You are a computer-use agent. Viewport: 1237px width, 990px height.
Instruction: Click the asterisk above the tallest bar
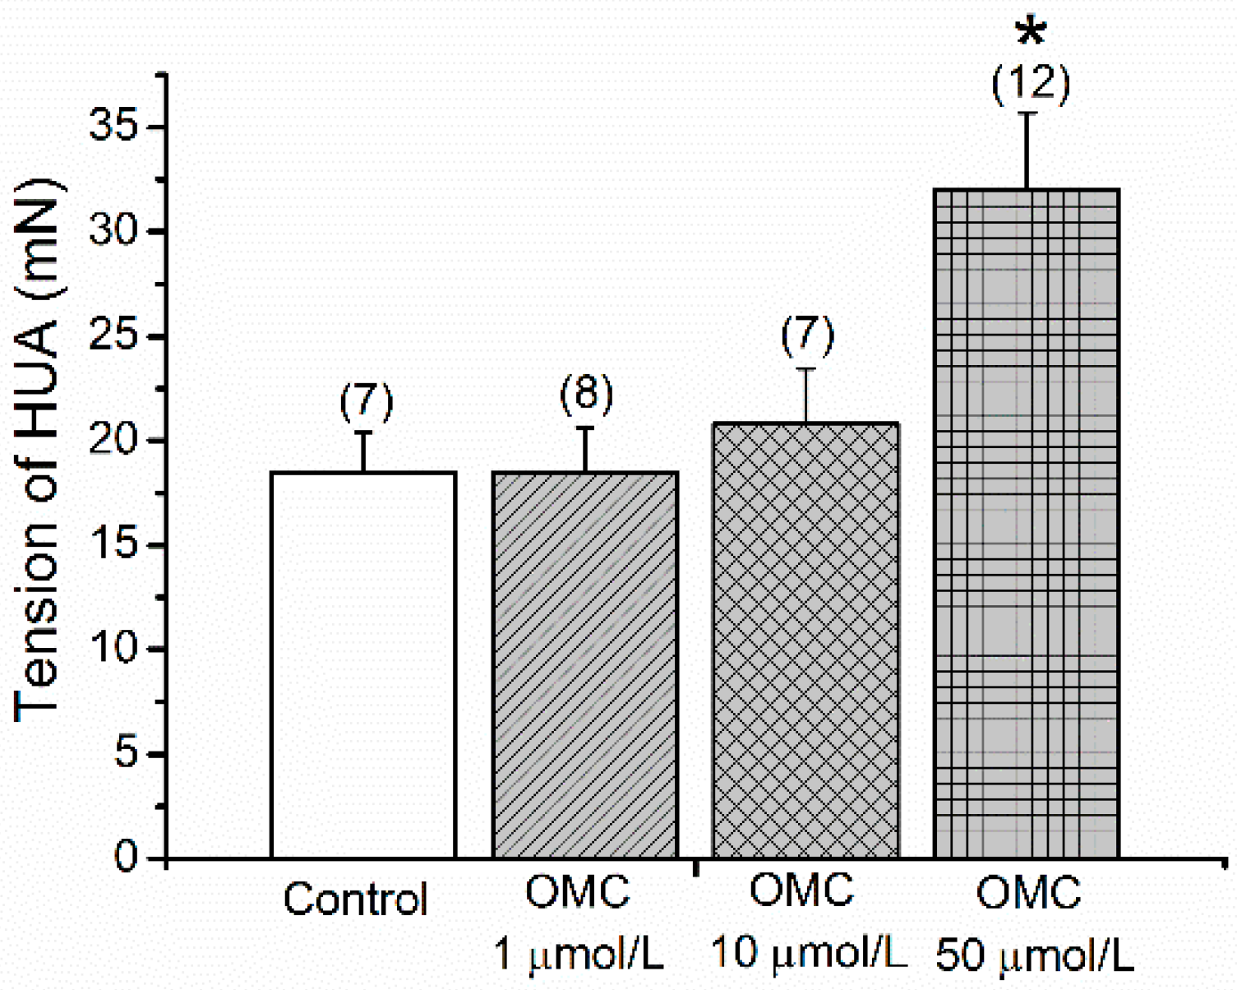tap(1031, 34)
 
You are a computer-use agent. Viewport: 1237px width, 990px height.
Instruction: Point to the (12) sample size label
tap(1031, 84)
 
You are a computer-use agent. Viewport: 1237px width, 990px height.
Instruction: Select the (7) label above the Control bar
tap(367, 401)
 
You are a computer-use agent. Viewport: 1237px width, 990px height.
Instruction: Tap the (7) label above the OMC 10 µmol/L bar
tap(807, 335)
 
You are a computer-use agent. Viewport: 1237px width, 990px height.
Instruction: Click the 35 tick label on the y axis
tap(113, 127)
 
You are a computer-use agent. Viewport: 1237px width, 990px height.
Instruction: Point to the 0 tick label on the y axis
tap(126, 858)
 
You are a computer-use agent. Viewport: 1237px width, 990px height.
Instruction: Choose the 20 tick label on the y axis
tap(113, 441)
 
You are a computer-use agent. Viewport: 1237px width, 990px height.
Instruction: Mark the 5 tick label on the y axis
tap(126, 753)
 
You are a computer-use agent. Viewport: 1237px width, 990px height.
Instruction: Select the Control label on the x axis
tap(355, 900)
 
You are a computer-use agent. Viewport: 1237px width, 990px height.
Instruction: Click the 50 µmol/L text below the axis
tap(1034, 955)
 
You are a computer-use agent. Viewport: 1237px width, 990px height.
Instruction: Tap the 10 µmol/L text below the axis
tap(808, 954)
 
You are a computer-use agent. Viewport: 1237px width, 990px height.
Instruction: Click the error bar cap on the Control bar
tap(363, 433)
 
